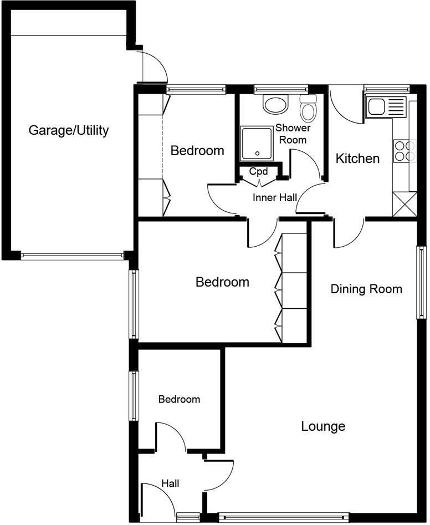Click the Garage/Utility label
point(69,131)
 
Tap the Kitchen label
point(357,159)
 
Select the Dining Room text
point(366,289)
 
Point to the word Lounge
point(323,426)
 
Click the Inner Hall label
point(275,197)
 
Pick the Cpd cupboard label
point(258,171)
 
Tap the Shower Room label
point(293,134)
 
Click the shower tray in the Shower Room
point(257,142)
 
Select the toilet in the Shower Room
point(308,108)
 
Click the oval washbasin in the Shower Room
point(275,104)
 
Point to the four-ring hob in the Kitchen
point(405,151)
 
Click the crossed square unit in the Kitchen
point(404,203)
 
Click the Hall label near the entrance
point(170,483)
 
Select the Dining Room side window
point(421,282)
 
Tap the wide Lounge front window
point(284,517)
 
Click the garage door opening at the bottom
point(72,256)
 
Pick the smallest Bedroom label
point(179,399)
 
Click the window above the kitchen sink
point(387,87)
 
